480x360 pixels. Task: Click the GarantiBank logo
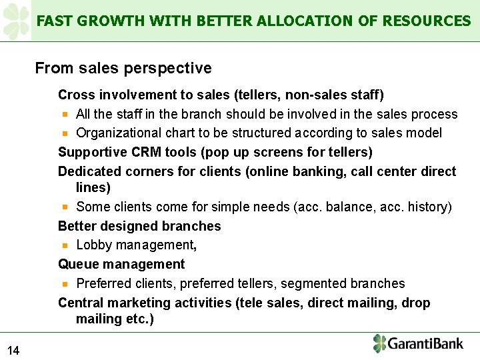[x=417, y=344]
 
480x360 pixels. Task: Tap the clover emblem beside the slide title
[x=16, y=21]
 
